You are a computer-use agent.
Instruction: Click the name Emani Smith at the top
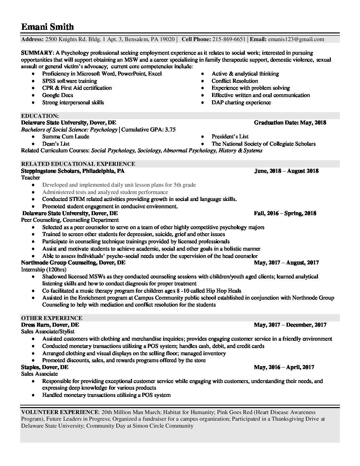tap(47, 26)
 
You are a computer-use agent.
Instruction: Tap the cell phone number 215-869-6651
tap(229, 39)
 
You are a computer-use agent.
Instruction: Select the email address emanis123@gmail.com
tap(296, 39)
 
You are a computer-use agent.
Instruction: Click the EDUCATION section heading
tap(40, 116)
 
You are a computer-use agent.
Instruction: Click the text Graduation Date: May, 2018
tap(290, 123)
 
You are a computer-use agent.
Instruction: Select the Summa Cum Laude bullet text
tap(66, 137)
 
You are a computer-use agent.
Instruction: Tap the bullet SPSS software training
tap(69, 81)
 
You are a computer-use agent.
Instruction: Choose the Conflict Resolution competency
tap(235, 81)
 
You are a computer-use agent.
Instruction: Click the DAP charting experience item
tap(241, 103)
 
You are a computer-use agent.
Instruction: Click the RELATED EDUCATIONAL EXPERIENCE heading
tap(78, 164)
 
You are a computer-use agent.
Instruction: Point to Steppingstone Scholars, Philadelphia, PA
tap(73, 171)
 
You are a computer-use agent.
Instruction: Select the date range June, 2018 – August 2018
tap(286, 171)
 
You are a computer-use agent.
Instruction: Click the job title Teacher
tap(30, 178)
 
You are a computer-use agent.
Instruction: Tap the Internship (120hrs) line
tap(43, 270)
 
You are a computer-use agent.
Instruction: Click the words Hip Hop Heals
tap(224, 291)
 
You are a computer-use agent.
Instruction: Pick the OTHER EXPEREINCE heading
tap(52, 318)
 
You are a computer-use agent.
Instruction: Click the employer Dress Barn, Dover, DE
tap(50, 325)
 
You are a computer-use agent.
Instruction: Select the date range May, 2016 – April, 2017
tap(284, 367)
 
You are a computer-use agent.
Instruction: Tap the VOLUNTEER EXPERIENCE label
tap(60, 412)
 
